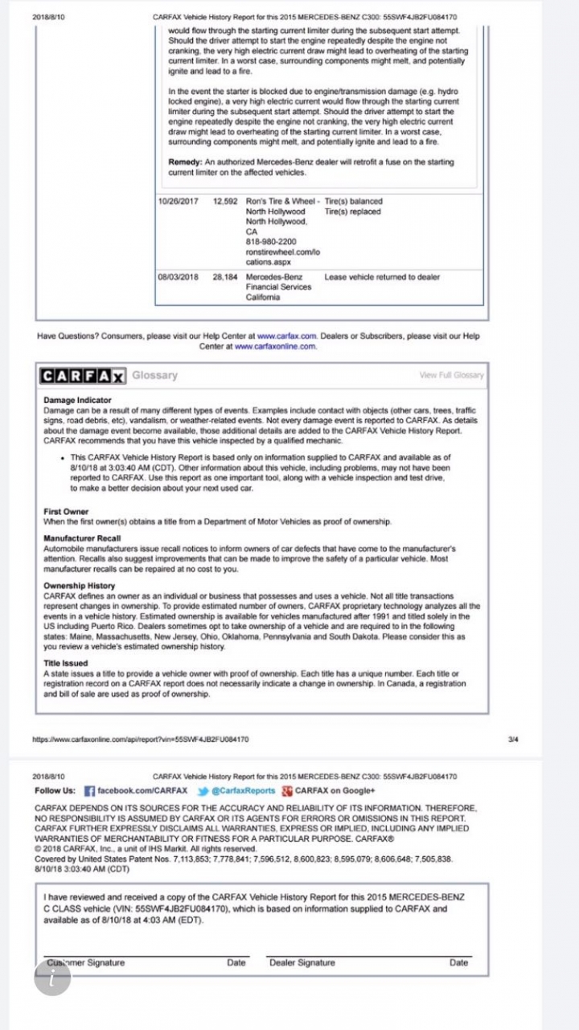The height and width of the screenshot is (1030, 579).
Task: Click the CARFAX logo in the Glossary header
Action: (84, 376)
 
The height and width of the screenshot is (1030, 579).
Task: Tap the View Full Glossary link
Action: (451, 376)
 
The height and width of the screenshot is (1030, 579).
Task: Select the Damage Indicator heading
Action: (77, 400)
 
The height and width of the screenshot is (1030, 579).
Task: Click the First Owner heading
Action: (66, 512)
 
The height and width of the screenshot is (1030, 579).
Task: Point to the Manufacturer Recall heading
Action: (82, 538)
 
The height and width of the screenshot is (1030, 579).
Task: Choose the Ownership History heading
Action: (79, 586)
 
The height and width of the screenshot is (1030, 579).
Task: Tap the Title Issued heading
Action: (66, 663)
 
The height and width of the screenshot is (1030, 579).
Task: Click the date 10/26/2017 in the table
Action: (179, 201)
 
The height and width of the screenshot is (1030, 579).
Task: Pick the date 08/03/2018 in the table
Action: (179, 277)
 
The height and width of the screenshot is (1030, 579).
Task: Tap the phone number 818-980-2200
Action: (270, 241)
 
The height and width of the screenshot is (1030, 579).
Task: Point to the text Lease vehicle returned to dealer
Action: (382, 277)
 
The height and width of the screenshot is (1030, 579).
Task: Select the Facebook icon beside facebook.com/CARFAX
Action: (89, 791)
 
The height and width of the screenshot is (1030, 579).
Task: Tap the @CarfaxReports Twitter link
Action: (243, 791)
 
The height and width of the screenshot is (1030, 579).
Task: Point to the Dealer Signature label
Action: (302, 962)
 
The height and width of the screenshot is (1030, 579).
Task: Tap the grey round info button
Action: (52, 977)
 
